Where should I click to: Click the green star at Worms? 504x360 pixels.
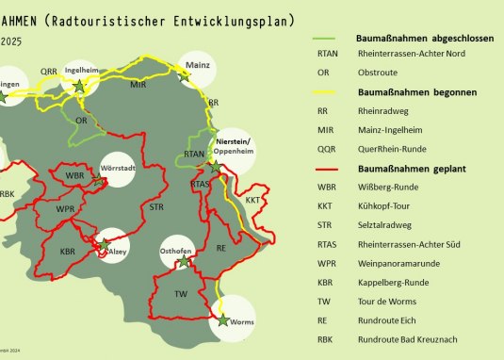pos(222,320)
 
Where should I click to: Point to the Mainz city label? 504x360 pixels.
pos(199,64)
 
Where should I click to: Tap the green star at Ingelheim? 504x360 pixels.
pos(79,85)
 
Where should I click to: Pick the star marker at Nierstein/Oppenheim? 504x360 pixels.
pos(216,166)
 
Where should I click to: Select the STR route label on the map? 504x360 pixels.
pos(156,206)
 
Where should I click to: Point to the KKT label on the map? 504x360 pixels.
pos(252,201)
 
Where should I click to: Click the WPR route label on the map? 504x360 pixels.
pos(65,209)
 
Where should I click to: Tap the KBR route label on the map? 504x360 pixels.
pos(67,252)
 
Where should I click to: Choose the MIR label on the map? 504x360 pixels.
pos(138,85)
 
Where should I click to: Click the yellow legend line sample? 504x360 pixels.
pos(331,92)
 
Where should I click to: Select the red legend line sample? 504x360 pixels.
pos(331,168)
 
